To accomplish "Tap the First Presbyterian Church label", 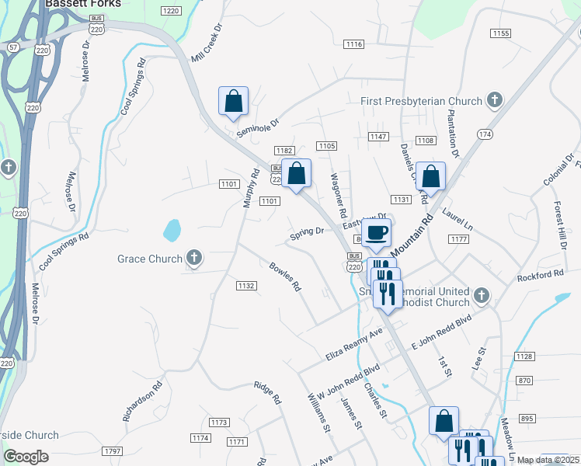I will [x=422, y=101].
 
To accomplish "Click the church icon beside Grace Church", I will [x=194, y=258].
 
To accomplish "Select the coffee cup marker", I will [x=377, y=232].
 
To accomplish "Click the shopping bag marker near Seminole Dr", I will [x=233, y=100].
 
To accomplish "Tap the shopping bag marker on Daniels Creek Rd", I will [x=430, y=176].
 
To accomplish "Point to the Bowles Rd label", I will [x=285, y=276].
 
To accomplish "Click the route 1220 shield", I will [x=171, y=10].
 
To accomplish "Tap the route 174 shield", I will [x=485, y=134].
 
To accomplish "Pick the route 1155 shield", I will [x=500, y=33].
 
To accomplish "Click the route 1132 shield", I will [x=246, y=286].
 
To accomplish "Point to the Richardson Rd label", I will [x=143, y=400].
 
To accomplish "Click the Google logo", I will [x=26, y=457].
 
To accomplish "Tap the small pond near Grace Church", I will [x=172, y=230].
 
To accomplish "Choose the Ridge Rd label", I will [x=266, y=393].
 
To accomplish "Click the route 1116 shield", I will [x=354, y=44].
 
